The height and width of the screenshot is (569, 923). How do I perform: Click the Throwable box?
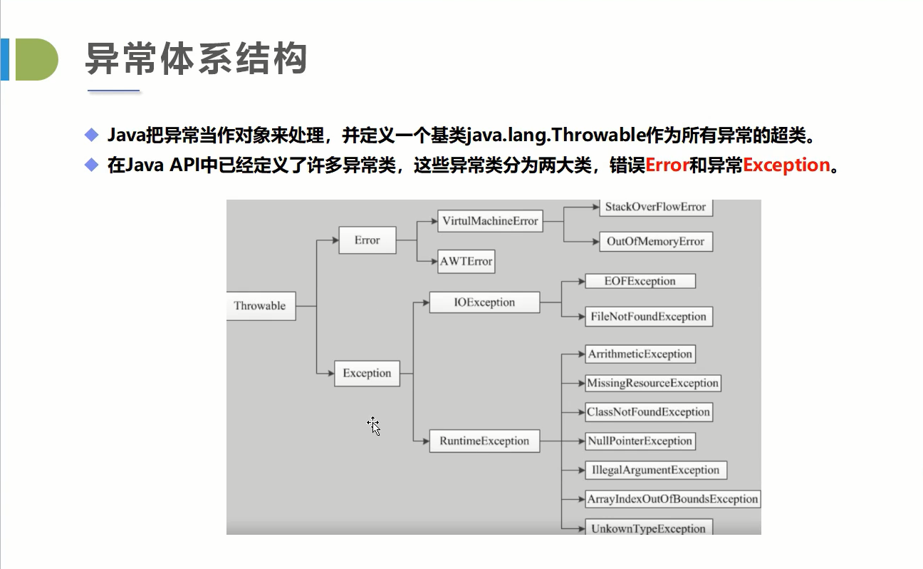click(x=260, y=306)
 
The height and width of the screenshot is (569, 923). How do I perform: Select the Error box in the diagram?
click(x=367, y=240)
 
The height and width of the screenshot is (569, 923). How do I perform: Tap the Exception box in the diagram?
click(x=367, y=373)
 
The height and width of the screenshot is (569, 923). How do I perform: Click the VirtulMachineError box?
click(x=490, y=221)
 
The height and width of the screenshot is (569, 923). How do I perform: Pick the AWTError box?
click(x=466, y=261)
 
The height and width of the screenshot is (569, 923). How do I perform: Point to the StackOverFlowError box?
click(x=655, y=207)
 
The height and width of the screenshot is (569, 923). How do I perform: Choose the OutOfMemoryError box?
click(x=655, y=241)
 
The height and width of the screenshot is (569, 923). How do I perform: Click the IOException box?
click(x=484, y=302)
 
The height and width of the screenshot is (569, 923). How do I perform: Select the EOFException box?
click(x=640, y=281)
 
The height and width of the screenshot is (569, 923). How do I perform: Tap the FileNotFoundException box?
click(x=648, y=317)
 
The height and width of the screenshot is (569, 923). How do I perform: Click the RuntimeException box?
click(x=484, y=441)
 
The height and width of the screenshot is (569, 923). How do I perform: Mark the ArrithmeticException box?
click(x=640, y=354)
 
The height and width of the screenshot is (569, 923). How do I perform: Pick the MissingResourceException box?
click(x=652, y=383)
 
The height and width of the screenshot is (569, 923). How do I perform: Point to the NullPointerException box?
click(x=640, y=441)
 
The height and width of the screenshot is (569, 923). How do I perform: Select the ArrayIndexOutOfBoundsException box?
click(x=672, y=499)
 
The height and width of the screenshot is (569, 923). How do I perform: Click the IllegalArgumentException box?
click(x=655, y=470)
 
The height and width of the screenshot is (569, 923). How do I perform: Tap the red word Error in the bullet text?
click(x=667, y=165)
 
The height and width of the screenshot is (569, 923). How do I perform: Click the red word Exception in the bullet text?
click(x=787, y=165)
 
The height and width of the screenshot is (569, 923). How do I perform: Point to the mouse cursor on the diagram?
click(x=373, y=425)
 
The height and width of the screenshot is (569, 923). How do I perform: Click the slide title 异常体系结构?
click(x=196, y=58)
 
